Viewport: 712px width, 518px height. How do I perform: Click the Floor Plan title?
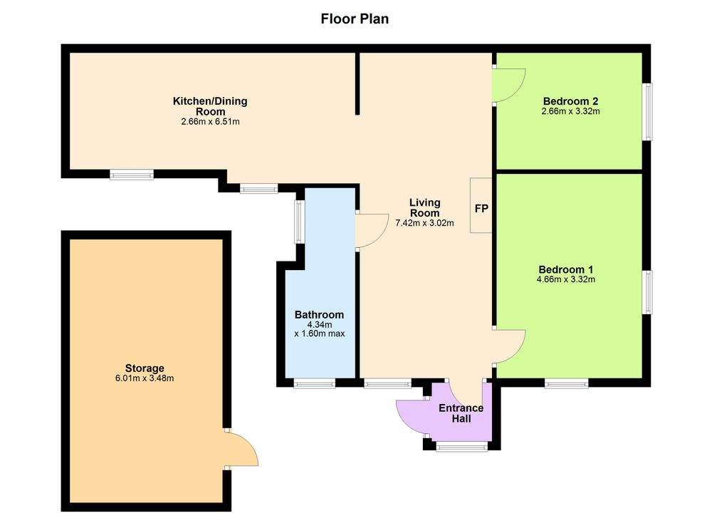pos(355,19)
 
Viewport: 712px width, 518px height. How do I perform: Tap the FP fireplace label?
pos(481,209)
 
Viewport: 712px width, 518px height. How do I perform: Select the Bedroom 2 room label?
pos(570,101)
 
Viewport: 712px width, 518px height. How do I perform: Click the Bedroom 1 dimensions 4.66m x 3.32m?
pos(566,279)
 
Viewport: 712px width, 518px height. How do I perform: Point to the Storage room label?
pos(145,368)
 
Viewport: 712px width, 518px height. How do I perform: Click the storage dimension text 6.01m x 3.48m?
pos(145,378)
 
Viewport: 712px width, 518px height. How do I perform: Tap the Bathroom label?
pos(319,314)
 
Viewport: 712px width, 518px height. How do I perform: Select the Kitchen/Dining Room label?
pos(210,106)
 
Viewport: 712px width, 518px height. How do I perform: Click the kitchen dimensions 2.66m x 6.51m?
pos(210,122)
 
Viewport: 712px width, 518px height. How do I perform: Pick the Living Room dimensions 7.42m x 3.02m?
pos(424,223)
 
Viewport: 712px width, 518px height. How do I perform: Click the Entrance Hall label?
pos(461,413)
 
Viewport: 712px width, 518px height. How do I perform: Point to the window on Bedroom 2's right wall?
pos(649,111)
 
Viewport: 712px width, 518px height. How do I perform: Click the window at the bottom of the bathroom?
pos(314,385)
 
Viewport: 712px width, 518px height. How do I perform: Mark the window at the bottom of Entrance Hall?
pos(462,447)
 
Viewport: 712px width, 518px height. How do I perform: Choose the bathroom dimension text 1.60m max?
pos(319,333)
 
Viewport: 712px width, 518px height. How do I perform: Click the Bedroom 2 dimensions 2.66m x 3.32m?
pos(571,111)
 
